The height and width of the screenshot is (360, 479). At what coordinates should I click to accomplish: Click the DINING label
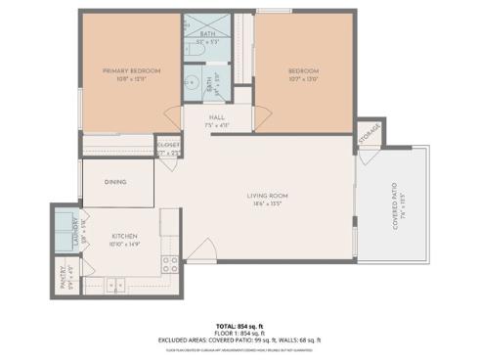point(115,181)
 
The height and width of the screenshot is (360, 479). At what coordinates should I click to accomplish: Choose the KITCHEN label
point(123,236)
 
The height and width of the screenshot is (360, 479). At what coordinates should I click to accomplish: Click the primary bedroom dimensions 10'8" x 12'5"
point(133,80)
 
